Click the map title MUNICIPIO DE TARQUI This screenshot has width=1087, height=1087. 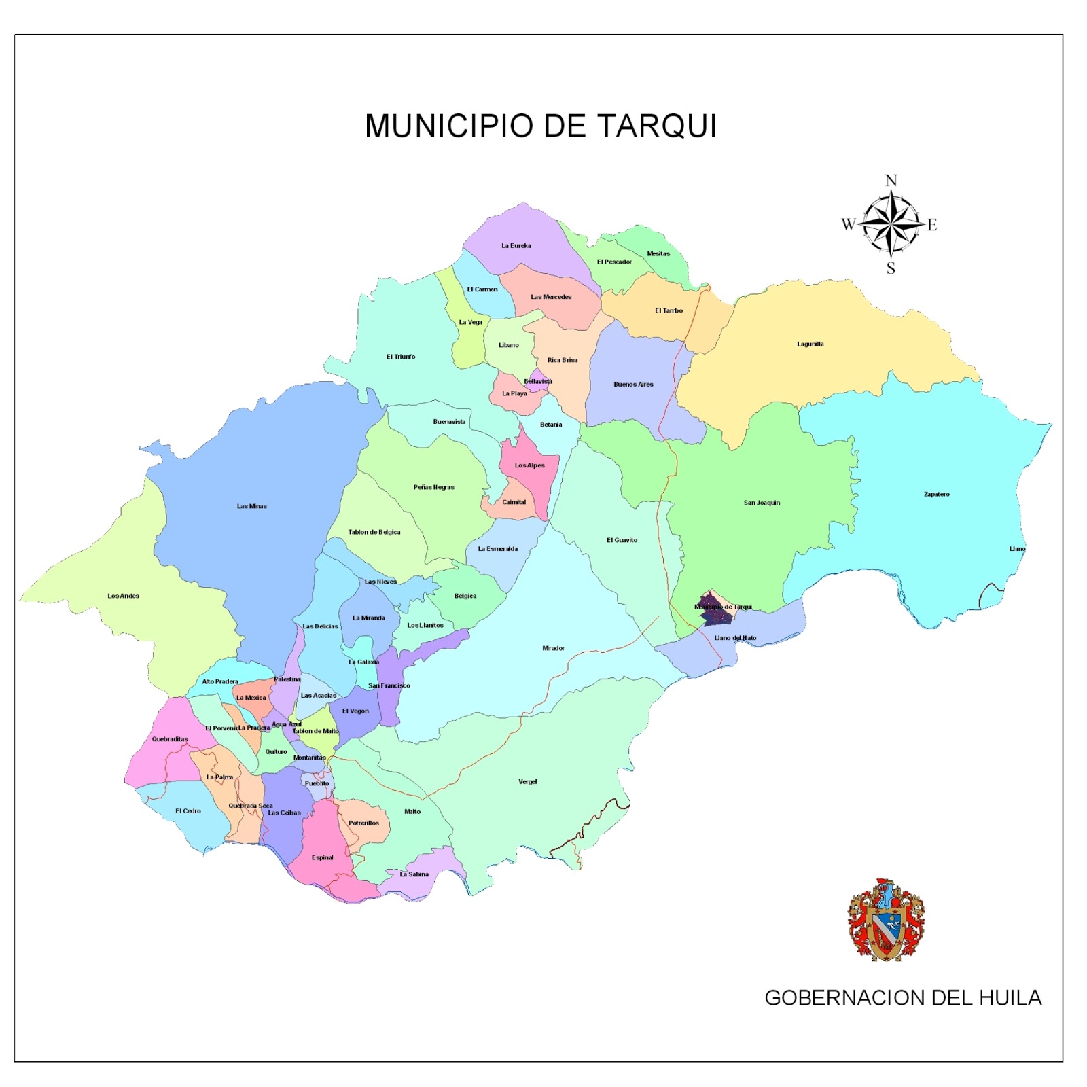(x=541, y=126)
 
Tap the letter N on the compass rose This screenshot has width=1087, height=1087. (x=891, y=181)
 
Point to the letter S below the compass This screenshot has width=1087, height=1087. (x=891, y=268)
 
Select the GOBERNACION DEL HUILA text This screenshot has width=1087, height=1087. (x=902, y=997)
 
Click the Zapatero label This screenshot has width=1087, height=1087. (x=936, y=494)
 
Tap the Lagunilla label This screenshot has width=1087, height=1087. (x=810, y=344)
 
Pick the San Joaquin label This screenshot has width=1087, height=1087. (x=762, y=503)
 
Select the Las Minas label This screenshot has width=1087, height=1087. (x=251, y=506)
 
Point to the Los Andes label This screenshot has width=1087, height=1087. (x=123, y=596)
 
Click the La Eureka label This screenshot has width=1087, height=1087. (x=516, y=245)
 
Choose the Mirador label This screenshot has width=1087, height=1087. (x=553, y=648)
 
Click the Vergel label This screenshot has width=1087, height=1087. (x=527, y=781)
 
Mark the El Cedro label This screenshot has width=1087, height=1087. (x=188, y=810)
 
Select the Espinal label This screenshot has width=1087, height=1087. (x=322, y=857)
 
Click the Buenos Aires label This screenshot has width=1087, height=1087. (x=633, y=384)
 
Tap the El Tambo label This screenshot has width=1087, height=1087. (x=669, y=310)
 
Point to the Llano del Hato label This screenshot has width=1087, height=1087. (x=735, y=638)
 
